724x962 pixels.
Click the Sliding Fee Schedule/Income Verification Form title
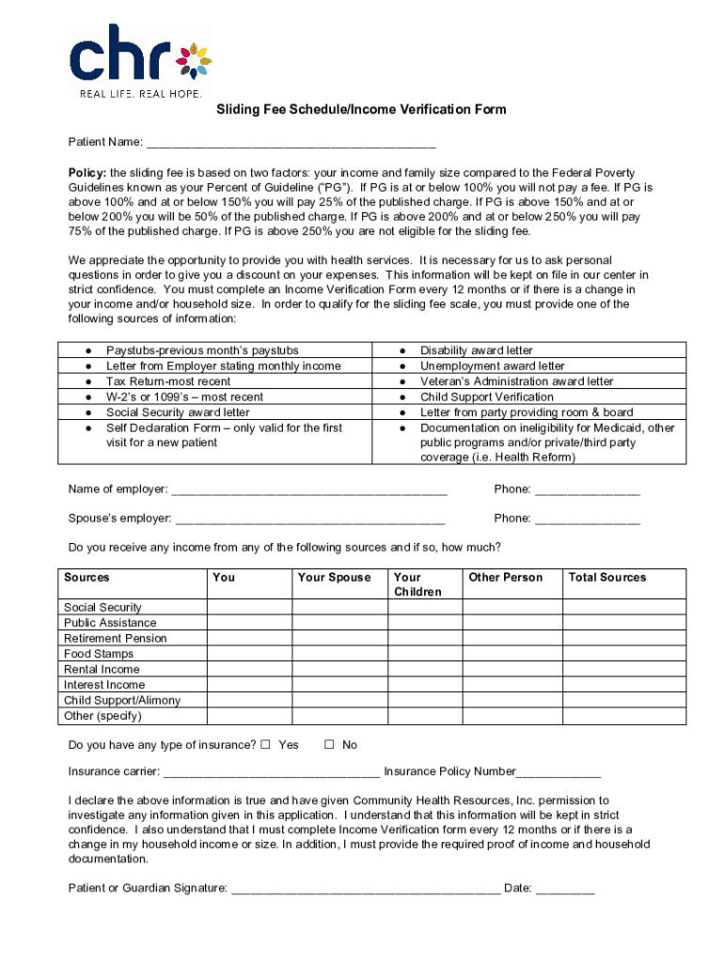point(361,110)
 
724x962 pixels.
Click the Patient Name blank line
point(291,143)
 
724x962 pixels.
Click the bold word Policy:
point(87,174)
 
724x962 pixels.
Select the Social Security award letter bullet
point(178,412)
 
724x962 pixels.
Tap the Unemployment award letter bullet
point(492,366)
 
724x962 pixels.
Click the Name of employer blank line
point(309,489)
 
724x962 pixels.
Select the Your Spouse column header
point(334,578)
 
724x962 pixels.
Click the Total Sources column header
point(607,578)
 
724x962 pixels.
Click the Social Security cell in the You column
point(249,608)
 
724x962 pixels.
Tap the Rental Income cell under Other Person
point(512,670)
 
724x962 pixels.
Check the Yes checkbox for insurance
point(265,745)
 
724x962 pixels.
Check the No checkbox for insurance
point(329,745)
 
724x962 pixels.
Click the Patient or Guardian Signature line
point(366,889)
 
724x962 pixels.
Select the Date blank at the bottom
point(566,889)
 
